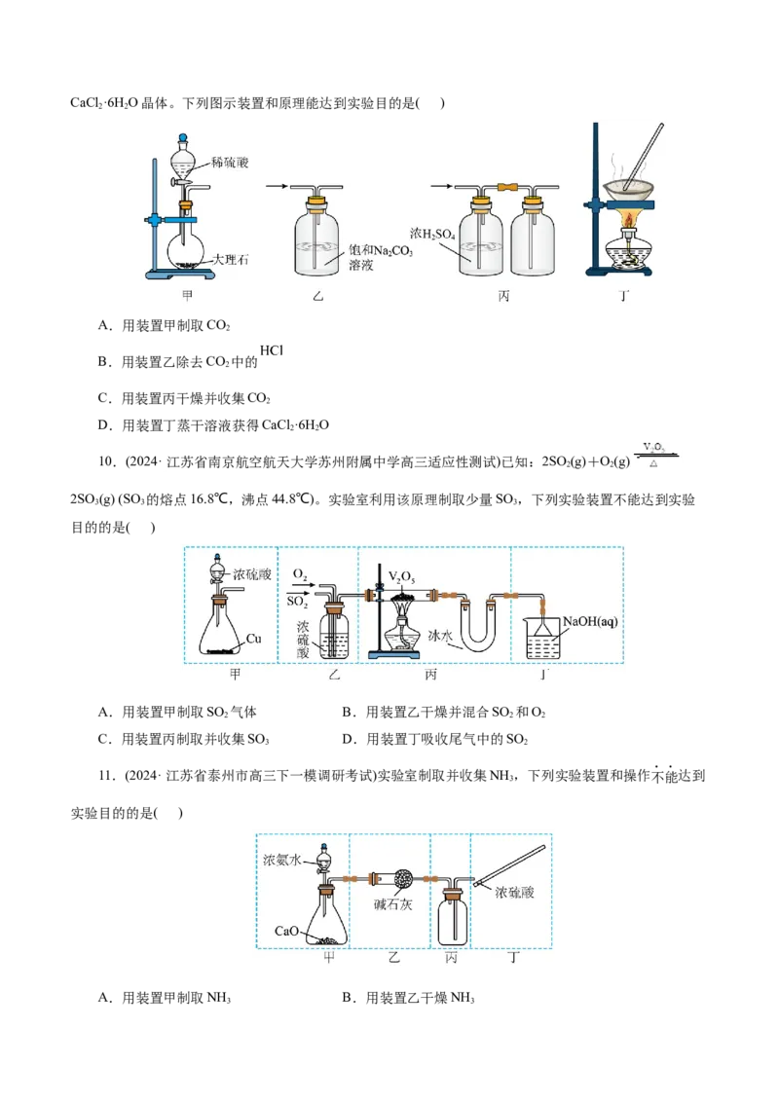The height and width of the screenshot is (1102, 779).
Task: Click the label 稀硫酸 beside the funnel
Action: coord(230,163)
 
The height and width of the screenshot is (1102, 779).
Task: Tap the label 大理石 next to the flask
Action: coord(231,259)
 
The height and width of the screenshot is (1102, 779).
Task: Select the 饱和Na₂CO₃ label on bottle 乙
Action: coord(381,250)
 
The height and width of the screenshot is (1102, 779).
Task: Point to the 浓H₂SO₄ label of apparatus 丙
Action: coord(432,234)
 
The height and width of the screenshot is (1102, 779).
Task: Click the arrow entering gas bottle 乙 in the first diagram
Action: coord(277,186)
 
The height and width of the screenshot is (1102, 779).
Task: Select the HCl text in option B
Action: coord(272,350)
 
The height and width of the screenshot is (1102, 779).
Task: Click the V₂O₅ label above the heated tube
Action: coord(401,577)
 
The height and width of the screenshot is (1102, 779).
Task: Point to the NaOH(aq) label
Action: coord(590,621)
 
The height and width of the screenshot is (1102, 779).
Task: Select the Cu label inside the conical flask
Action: coord(254,639)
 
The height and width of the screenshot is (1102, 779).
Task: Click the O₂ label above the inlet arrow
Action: coord(300,575)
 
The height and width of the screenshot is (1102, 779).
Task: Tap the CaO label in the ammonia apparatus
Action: coord(286,932)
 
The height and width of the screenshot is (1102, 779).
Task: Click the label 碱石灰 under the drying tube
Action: coord(393,904)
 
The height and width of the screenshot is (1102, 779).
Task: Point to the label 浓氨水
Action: coord(282,860)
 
